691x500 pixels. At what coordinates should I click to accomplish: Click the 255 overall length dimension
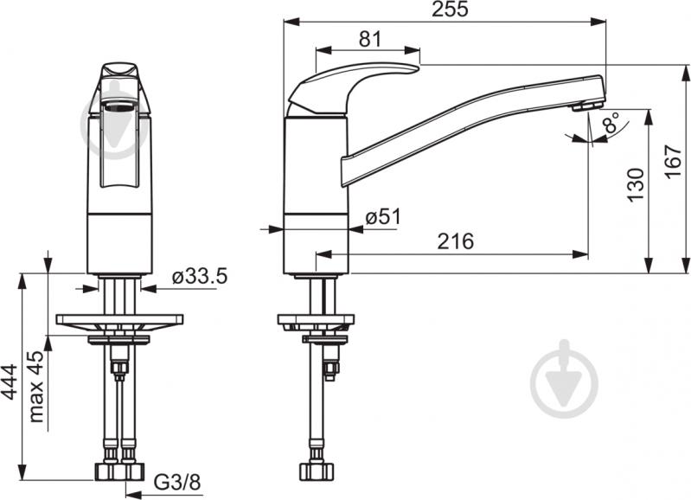pos(450,10)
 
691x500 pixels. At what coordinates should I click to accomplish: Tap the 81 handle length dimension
pos(370,39)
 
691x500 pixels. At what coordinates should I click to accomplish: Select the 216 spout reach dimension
pos(456,241)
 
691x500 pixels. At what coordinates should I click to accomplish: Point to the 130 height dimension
pos(636,185)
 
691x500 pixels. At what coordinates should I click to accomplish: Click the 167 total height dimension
pos(673,162)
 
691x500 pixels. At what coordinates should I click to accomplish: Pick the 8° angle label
pos(611,122)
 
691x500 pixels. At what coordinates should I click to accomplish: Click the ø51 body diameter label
pos(383,217)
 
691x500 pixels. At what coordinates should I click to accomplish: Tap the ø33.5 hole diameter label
pos(200,277)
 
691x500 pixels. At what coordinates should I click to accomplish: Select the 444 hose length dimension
pos(10,382)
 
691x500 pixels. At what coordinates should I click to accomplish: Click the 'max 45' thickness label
pos(36,387)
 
